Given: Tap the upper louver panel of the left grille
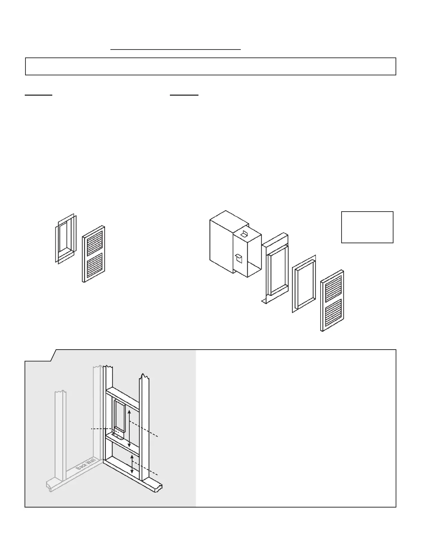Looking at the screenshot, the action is click(x=93, y=241).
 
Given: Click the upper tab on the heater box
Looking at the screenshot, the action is click(x=245, y=234).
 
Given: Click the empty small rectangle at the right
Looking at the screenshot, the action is click(x=367, y=227).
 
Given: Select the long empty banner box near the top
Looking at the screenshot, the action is click(x=210, y=66).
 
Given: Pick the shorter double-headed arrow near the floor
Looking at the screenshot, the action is click(x=132, y=464).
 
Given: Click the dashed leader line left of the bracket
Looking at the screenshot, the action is click(x=101, y=429).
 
